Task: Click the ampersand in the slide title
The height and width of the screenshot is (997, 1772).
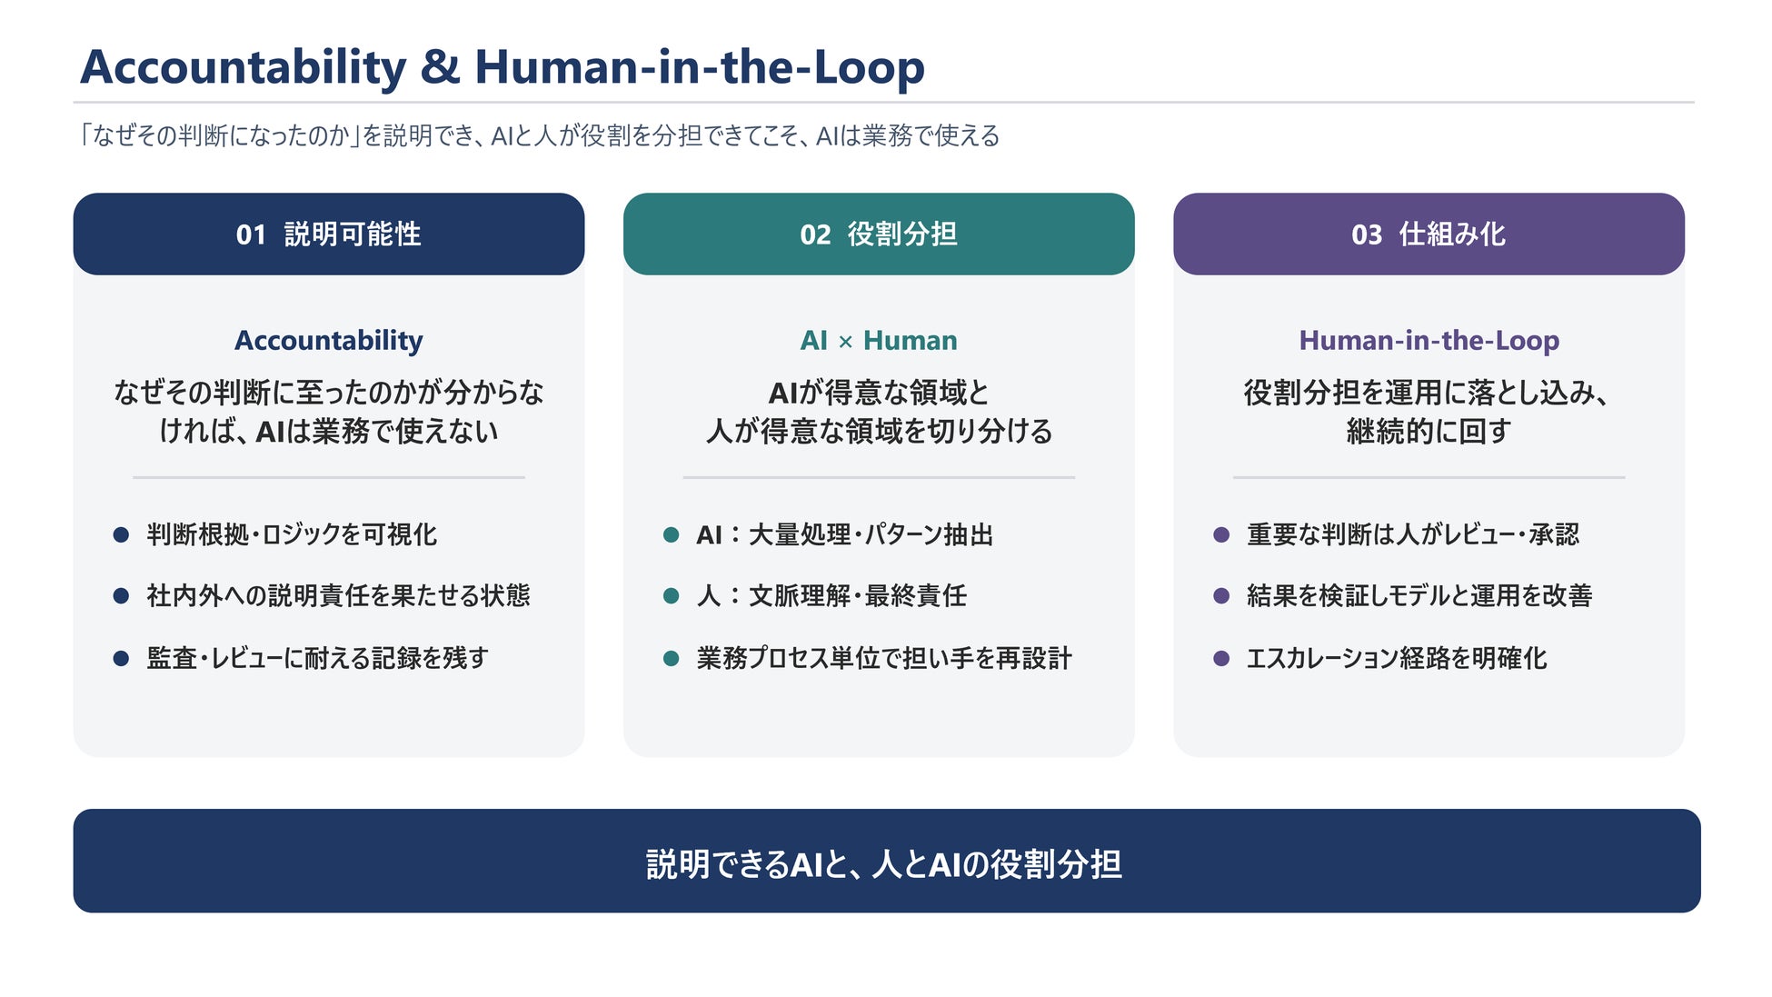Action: click(441, 67)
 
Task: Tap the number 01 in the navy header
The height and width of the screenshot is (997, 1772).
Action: click(251, 234)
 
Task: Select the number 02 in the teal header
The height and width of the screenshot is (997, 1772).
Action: click(815, 234)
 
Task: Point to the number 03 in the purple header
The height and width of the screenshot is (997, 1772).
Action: click(1367, 234)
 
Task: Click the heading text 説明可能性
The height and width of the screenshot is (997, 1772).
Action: click(353, 234)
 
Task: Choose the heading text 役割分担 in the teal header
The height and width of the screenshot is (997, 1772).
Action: click(902, 234)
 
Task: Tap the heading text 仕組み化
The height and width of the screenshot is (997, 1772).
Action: click(1452, 234)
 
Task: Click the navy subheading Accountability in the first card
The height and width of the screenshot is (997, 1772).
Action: click(329, 341)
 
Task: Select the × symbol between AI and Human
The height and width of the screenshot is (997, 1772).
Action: click(845, 342)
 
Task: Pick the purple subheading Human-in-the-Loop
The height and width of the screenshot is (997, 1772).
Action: click(1429, 340)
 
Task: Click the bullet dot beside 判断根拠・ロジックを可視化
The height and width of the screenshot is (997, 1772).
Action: click(121, 534)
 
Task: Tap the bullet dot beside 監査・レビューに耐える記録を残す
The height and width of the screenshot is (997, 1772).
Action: click(121, 658)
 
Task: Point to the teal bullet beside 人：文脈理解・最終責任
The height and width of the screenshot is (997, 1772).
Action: click(672, 596)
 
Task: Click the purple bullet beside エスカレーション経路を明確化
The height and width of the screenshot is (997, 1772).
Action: click(1221, 658)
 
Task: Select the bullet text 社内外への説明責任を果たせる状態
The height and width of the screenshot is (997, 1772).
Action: click(338, 596)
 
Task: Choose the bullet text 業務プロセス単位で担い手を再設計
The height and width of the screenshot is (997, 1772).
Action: click(884, 658)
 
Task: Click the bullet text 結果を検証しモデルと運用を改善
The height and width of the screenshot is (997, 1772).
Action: click(1419, 596)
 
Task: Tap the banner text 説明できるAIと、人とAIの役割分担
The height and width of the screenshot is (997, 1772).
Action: click(884, 863)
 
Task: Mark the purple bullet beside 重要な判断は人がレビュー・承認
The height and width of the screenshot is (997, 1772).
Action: click(1221, 534)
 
